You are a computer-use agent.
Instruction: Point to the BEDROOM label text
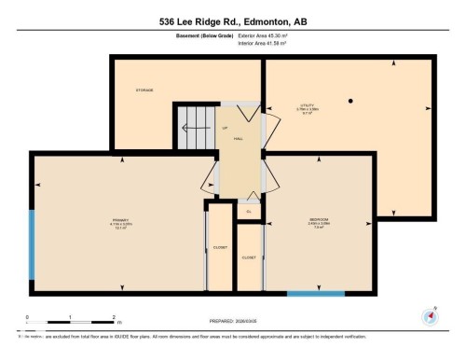coord(320,220)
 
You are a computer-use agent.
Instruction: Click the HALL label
coord(239,138)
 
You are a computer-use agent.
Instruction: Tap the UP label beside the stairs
coord(225,128)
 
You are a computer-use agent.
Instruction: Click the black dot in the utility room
coord(351,100)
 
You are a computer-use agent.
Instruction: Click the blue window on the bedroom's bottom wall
coord(315,294)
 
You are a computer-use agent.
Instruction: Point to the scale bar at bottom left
coord(70,323)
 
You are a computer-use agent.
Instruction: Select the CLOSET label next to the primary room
coord(220,248)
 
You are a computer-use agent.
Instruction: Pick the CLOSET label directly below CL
coord(249,256)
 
